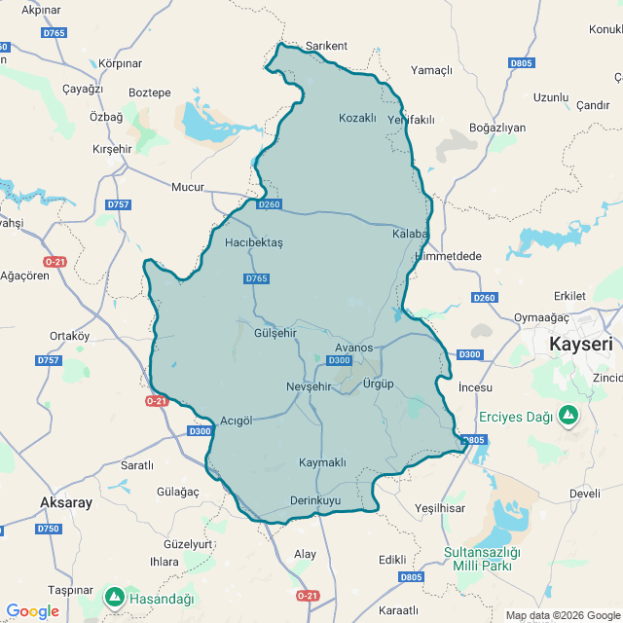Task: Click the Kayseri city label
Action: [581, 345]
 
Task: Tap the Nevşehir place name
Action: [310, 386]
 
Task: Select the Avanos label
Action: [353, 348]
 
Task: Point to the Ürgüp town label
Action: [378, 384]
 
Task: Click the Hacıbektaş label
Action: [253, 242]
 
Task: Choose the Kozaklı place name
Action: [357, 118]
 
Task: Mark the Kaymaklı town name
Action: [322, 462]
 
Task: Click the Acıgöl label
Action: [237, 421]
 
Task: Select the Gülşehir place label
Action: [275, 333]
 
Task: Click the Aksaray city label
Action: [66, 502]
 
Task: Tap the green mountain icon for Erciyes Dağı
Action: [568, 417]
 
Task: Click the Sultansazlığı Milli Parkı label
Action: [482, 559]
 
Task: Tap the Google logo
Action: [32, 611]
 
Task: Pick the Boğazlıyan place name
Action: [496, 128]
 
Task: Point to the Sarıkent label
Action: [326, 46]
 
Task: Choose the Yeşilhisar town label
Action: [440, 508]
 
